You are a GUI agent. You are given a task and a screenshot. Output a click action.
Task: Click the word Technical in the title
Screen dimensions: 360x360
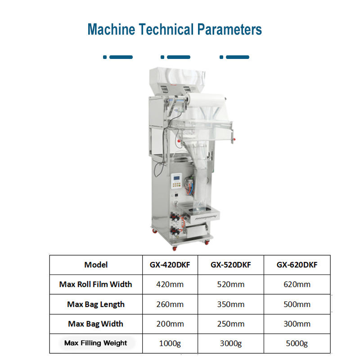click(x=165, y=30)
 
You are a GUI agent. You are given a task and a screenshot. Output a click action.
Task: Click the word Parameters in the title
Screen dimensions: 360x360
click(x=229, y=30)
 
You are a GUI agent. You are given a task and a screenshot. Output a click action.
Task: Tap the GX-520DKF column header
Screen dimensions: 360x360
click(x=230, y=265)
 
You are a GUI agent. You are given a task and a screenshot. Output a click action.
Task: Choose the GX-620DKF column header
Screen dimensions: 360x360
click(x=297, y=265)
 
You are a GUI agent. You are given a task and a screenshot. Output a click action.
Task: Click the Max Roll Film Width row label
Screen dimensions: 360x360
click(x=96, y=284)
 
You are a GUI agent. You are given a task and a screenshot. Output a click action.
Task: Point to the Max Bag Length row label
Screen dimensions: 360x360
click(x=96, y=304)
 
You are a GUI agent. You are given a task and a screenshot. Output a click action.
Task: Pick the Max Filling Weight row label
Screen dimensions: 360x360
click(x=96, y=343)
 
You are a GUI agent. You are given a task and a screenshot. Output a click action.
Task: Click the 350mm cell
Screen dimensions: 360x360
click(x=230, y=304)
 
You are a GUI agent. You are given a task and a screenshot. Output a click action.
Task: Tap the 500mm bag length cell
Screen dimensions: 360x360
click(x=297, y=304)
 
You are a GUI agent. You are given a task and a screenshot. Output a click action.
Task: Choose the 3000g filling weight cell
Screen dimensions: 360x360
click(x=230, y=344)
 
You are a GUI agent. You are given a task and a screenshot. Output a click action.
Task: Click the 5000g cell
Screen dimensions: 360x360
click(x=297, y=344)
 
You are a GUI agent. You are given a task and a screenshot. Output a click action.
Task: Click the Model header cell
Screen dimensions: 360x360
click(x=96, y=265)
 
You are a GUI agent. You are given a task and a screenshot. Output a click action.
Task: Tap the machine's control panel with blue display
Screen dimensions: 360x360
click(x=176, y=180)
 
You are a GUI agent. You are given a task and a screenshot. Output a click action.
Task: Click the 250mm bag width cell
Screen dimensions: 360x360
click(x=230, y=324)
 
